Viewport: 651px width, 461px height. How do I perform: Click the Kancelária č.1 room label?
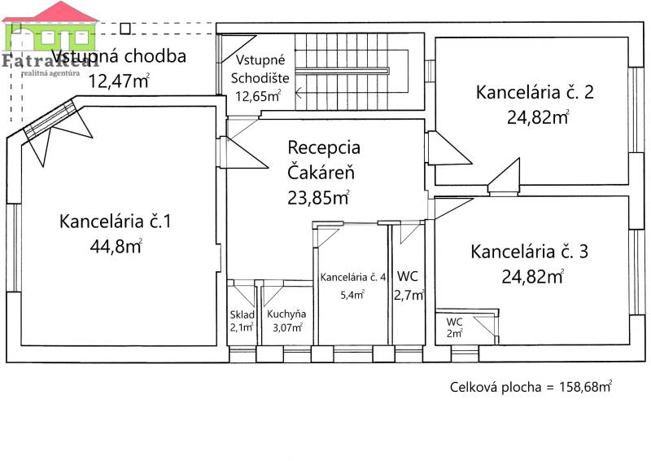point(115,221)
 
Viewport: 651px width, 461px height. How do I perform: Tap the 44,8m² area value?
point(116,245)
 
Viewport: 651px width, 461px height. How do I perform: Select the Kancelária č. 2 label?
point(535,92)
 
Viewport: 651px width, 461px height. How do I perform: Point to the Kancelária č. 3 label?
point(530,252)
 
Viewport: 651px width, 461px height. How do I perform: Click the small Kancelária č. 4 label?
point(353,278)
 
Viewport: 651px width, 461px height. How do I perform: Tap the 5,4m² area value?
point(352,294)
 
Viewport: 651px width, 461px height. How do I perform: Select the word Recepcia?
point(324,148)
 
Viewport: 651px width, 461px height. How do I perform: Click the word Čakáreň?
point(321,172)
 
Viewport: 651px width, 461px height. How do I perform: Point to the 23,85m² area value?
point(318,196)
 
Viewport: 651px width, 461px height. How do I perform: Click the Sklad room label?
point(242,315)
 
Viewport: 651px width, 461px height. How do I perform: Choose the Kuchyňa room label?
point(286,314)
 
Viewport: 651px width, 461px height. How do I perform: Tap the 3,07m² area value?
point(286,327)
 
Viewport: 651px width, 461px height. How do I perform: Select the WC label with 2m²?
point(454,322)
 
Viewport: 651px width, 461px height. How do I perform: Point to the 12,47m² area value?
point(119,80)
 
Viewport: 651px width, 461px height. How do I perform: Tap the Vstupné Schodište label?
point(259,70)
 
